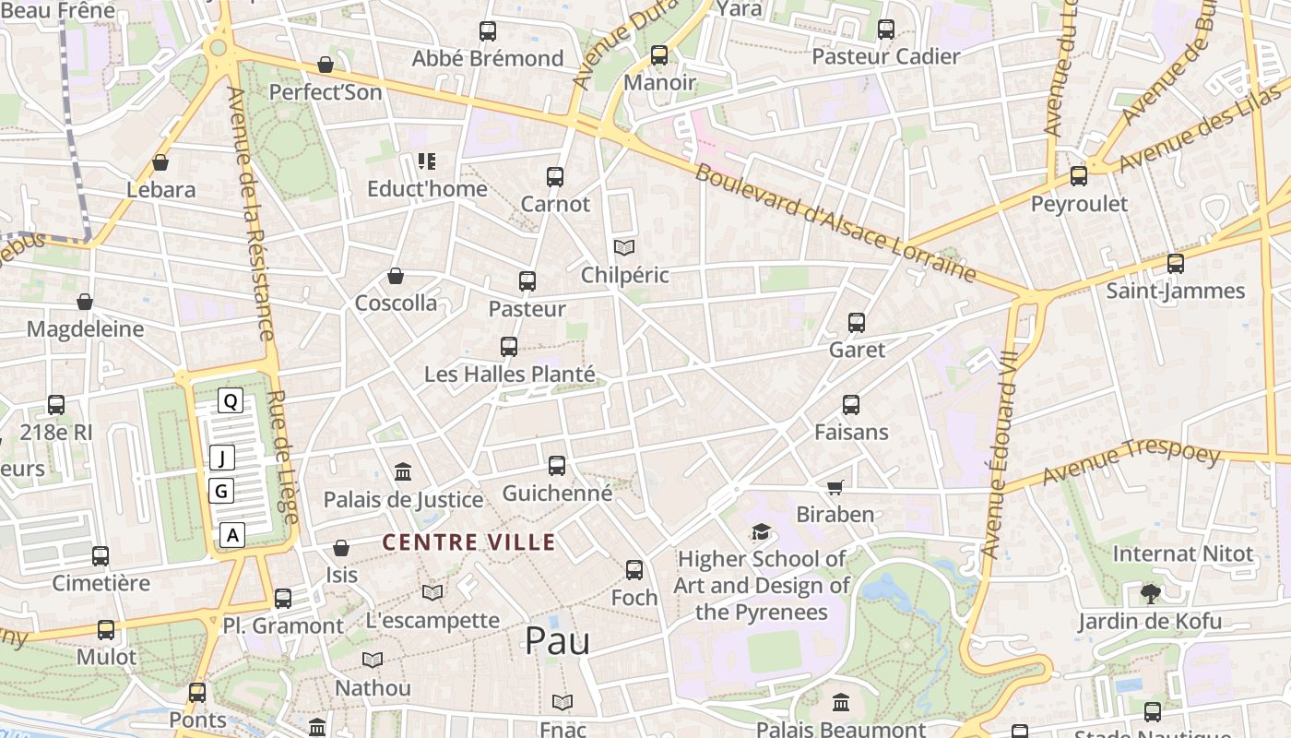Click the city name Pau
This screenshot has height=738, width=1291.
[x=557, y=641]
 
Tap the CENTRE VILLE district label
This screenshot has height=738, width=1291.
[x=469, y=542]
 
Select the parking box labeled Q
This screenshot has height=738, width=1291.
[x=231, y=400]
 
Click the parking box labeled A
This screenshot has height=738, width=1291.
[x=232, y=534]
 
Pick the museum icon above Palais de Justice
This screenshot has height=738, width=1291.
[x=403, y=472]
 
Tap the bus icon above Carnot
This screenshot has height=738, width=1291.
[x=555, y=176]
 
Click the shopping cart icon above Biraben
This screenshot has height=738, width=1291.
[x=835, y=487]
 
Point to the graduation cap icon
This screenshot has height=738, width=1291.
[x=761, y=532]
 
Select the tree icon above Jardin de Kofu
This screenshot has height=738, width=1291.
[x=1150, y=593]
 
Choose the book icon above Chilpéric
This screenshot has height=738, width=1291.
[x=624, y=247]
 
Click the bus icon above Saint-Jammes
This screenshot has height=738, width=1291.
[x=1176, y=264]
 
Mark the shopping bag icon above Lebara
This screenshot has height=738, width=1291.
[x=160, y=162]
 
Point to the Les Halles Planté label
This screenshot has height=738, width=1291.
[x=509, y=375]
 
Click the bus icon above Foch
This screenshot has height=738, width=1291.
[x=634, y=570]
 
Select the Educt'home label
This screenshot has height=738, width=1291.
[x=427, y=189]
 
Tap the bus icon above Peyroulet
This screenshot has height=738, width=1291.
[x=1079, y=176]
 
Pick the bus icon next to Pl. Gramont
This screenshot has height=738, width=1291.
[x=283, y=598]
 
